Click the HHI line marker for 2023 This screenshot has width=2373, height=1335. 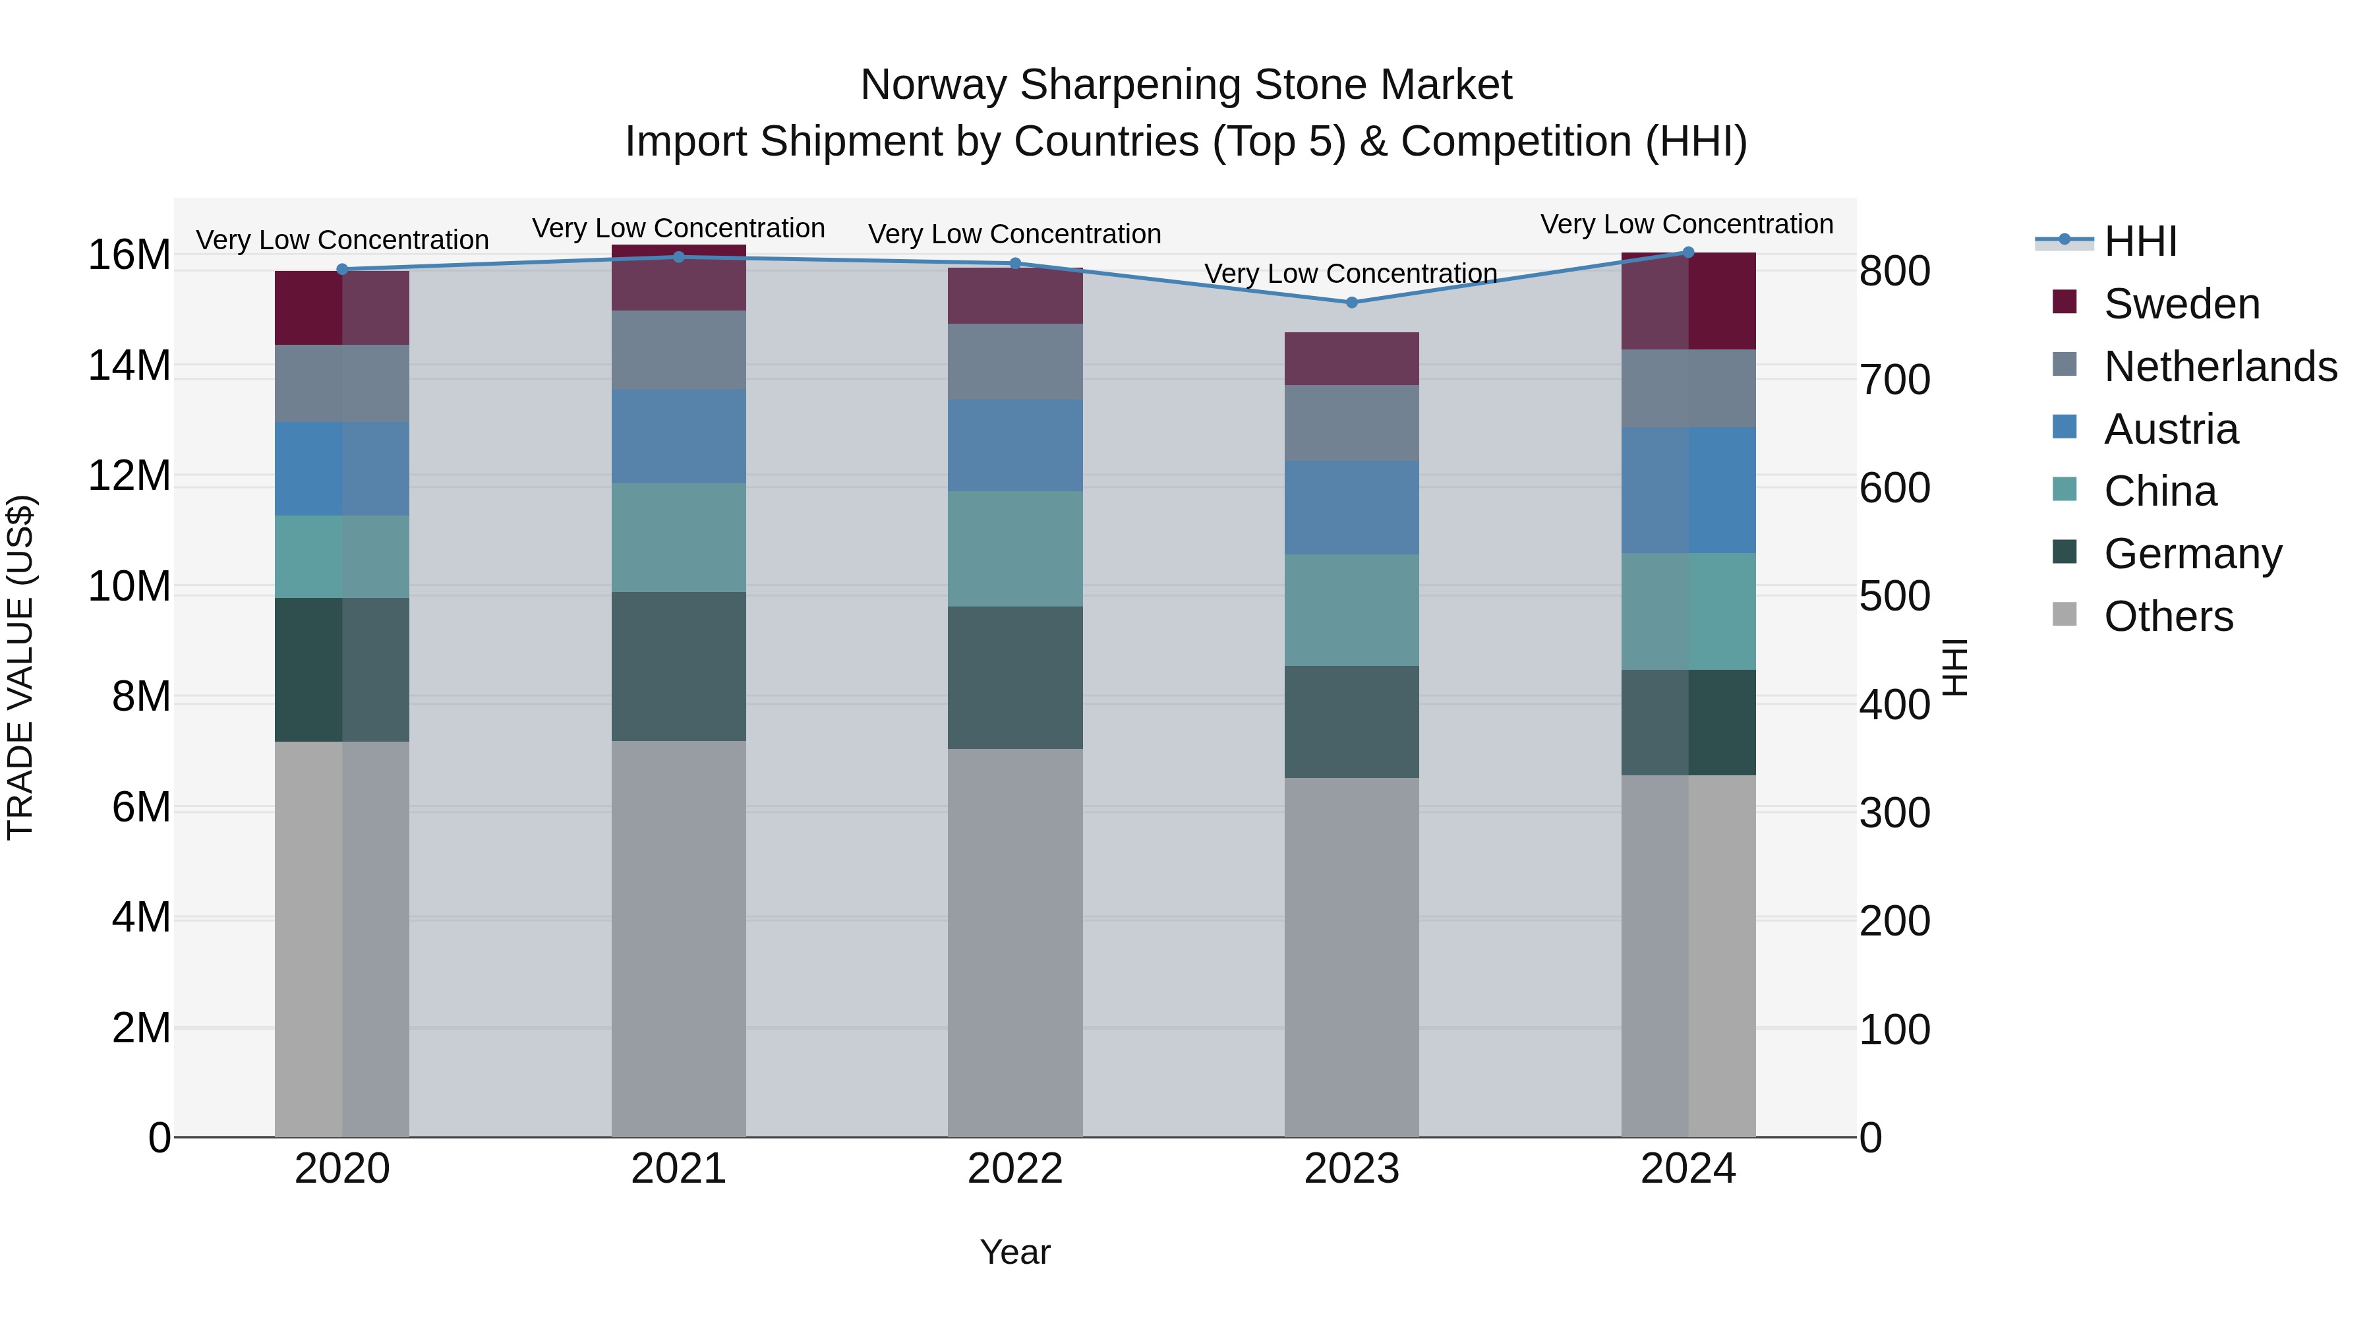pyautogui.click(x=1351, y=302)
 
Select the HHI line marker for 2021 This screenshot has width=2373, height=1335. pyautogui.click(x=679, y=257)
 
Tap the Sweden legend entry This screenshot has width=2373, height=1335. pyautogui.click(x=2181, y=304)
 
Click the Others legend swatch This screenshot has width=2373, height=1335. pyautogui.click(x=2065, y=614)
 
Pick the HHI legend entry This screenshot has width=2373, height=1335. pyautogui.click(x=2140, y=241)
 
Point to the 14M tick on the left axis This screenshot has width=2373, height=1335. pyautogui.click(x=129, y=366)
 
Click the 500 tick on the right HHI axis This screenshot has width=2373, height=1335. pyautogui.click(x=1894, y=596)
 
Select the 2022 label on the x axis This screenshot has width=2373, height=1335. pyautogui.click(x=1015, y=1169)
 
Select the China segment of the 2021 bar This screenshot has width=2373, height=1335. pyautogui.click(x=679, y=537)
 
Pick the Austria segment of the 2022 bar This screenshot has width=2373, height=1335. pyautogui.click(x=1015, y=445)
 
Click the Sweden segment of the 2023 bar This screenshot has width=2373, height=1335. pyautogui.click(x=1351, y=359)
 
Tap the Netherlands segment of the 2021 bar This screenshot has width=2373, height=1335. pyautogui.click(x=679, y=349)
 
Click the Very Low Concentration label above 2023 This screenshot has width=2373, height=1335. pyautogui.click(x=1351, y=274)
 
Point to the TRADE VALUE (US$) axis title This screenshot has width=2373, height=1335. pyautogui.click(x=20, y=667)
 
